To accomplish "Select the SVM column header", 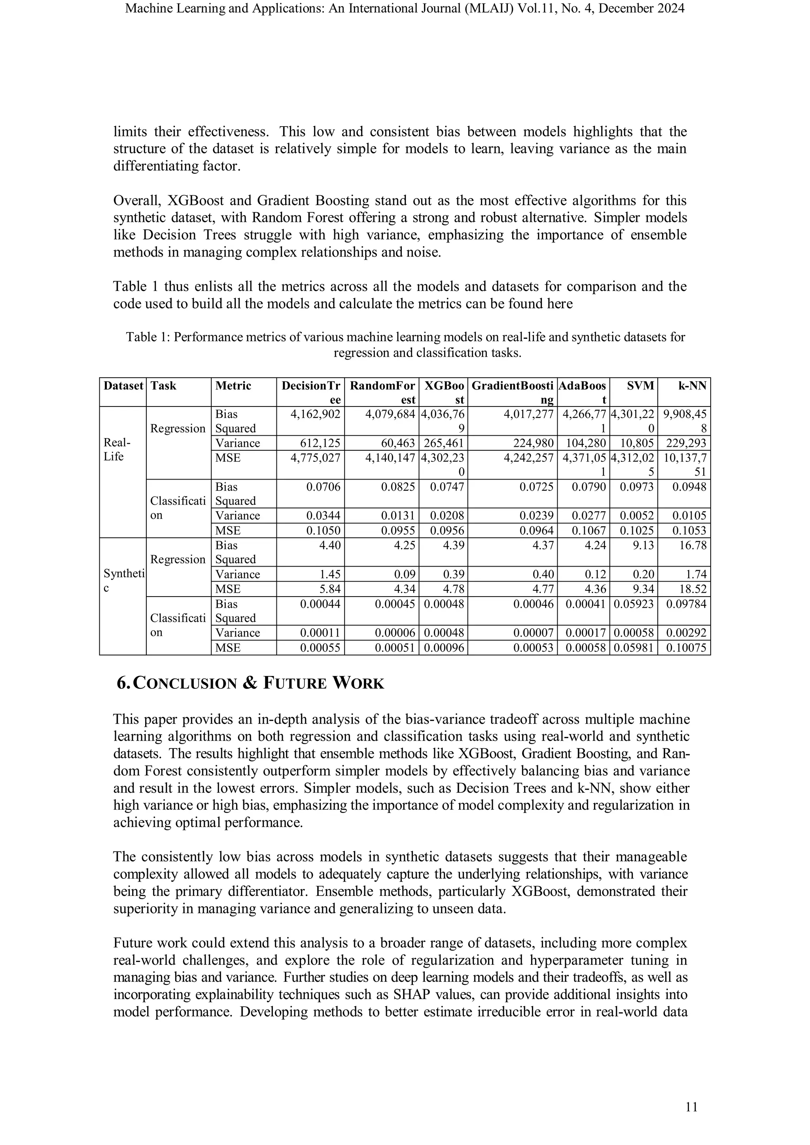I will (x=640, y=385).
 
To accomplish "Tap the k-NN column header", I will (x=694, y=385).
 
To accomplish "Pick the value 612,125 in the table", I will (x=320, y=443).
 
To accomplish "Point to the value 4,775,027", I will (x=316, y=457).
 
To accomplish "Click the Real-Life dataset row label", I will (x=117, y=449).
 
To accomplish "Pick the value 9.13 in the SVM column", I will (x=643, y=545).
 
